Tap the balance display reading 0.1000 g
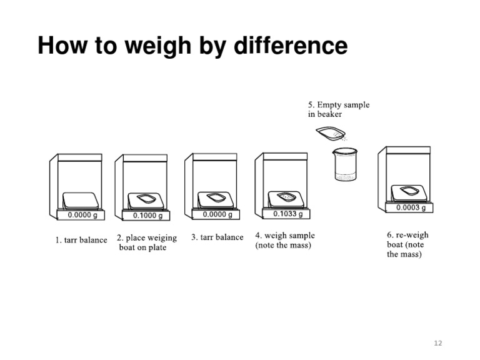tap(147, 216)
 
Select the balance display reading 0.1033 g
tap(287, 214)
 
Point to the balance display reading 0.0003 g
tap(411, 207)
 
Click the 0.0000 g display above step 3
tap(217, 214)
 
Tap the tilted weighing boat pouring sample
tap(329, 133)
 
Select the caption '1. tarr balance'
tap(81, 240)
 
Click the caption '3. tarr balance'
tap(217, 237)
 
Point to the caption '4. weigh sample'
tap(285, 236)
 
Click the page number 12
tap(437, 342)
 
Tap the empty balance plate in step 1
tap(81, 200)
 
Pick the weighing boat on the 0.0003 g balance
tap(410, 191)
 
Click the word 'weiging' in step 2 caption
tap(161, 238)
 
